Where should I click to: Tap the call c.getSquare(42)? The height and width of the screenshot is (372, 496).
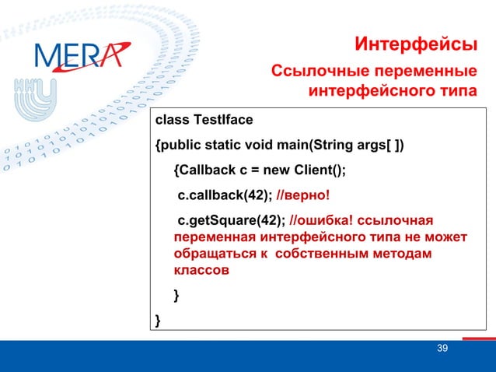[x=232, y=220]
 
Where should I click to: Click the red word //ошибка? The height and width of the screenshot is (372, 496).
[x=320, y=220]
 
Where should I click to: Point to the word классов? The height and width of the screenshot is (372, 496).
[x=201, y=272]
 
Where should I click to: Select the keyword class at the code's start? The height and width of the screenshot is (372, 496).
[x=172, y=120]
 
